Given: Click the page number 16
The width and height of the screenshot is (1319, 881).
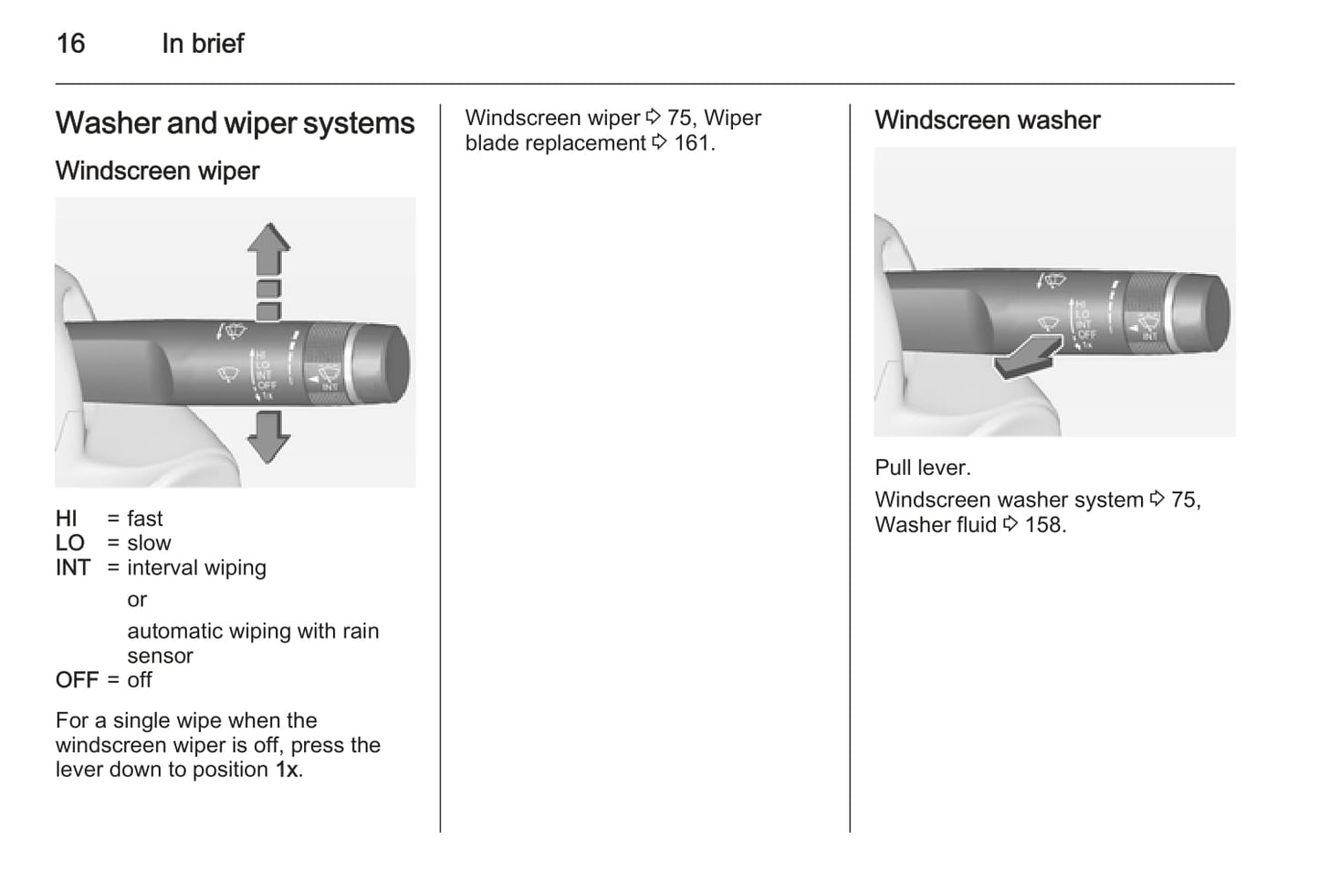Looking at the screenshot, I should (x=70, y=43).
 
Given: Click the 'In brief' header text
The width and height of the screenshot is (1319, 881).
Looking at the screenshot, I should (x=203, y=43).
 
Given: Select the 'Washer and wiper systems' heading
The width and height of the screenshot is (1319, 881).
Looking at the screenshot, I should (x=235, y=123).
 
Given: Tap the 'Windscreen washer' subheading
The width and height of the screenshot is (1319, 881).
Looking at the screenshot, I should (x=987, y=120).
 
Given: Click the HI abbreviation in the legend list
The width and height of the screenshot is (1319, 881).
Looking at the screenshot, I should (x=67, y=519).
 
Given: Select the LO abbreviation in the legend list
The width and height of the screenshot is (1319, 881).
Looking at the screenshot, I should (x=69, y=543).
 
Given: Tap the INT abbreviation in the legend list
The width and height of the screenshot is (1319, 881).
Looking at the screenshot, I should (x=73, y=568).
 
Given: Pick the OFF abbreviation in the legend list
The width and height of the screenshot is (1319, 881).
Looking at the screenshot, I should (x=77, y=680).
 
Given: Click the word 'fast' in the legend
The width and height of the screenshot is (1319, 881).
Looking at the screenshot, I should (x=144, y=519).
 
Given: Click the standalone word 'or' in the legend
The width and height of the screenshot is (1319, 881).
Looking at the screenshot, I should (x=137, y=600).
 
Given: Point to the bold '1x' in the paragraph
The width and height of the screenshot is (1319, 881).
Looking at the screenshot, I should (x=287, y=770).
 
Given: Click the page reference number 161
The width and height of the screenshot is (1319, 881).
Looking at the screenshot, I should (x=691, y=143).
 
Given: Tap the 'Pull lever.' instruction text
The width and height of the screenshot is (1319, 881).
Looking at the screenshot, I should (x=922, y=467).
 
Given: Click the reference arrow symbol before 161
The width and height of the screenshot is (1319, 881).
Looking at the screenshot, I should (x=659, y=143).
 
